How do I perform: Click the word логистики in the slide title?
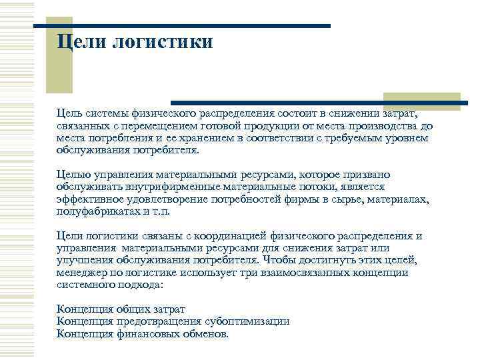coord(163,42)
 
